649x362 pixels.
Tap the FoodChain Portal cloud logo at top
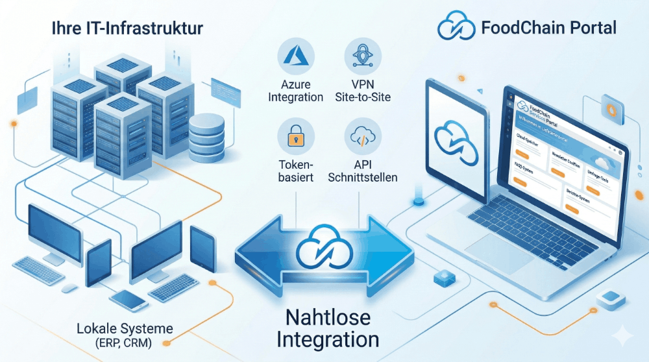tap(456, 27)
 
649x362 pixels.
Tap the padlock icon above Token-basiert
tap(296, 136)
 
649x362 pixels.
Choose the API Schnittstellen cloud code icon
tap(363, 136)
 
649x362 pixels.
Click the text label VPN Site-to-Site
tap(363, 91)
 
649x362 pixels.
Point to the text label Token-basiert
tap(296, 170)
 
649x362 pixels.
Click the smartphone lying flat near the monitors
tap(127, 299)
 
